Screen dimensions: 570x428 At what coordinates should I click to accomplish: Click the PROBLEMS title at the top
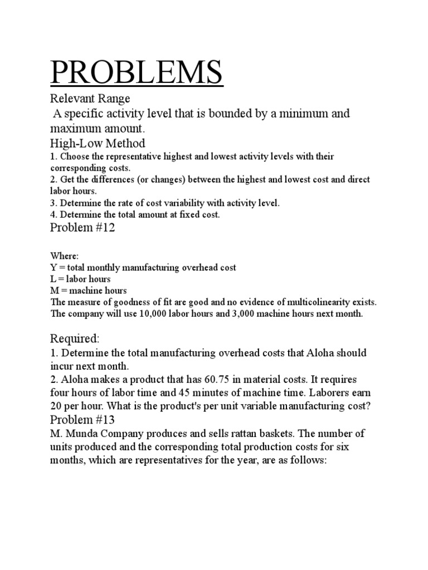(137, 73)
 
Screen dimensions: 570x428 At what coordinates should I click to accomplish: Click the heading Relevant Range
(90, 99)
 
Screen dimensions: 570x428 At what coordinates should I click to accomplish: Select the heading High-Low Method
(98, 143)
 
